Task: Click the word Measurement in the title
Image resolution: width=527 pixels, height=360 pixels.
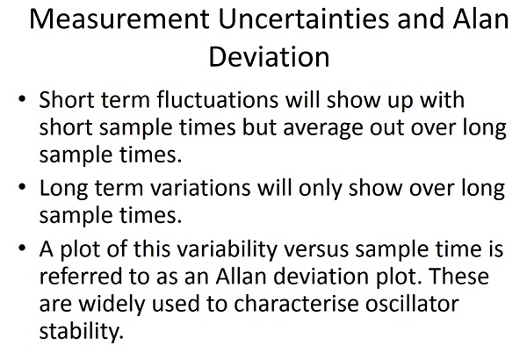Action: click(119, 18)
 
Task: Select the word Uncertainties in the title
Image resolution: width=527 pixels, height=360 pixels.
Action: click(304, 18)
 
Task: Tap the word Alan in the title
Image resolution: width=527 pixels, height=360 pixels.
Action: click(480, 18)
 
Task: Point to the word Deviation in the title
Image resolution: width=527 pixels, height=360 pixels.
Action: click(269, 57)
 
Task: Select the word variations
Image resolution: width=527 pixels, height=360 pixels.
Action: click(200, 188)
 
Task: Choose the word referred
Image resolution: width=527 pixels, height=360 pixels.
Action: click(81, 277)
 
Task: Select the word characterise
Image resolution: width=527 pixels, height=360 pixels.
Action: click(296, 304)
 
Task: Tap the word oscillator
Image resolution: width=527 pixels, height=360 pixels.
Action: click(412, 304)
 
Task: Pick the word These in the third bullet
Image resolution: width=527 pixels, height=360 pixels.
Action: click(459, 277)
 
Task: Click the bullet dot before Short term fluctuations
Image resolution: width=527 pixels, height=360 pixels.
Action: click(22, 99)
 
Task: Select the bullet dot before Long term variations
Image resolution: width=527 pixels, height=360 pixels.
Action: click(22, 187)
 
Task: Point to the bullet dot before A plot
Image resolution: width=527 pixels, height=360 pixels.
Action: click(22, 248)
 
